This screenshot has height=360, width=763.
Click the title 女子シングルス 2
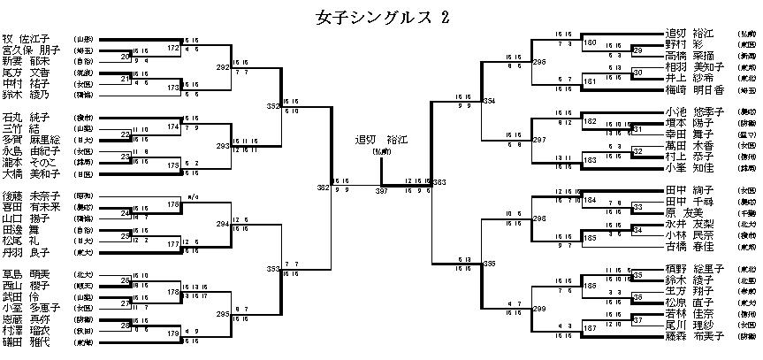(x=382, y=17)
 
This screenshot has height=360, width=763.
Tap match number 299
(x=539, y=310)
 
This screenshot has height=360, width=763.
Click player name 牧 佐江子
(x=27, y=39)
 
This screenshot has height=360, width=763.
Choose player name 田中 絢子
(x=685, y=190)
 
